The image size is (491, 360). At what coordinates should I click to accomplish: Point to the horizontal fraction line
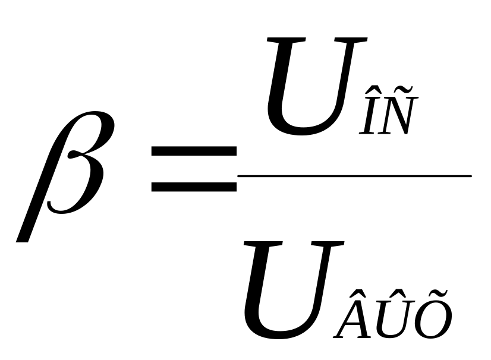pyautogui.click(x=354, y=176)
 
